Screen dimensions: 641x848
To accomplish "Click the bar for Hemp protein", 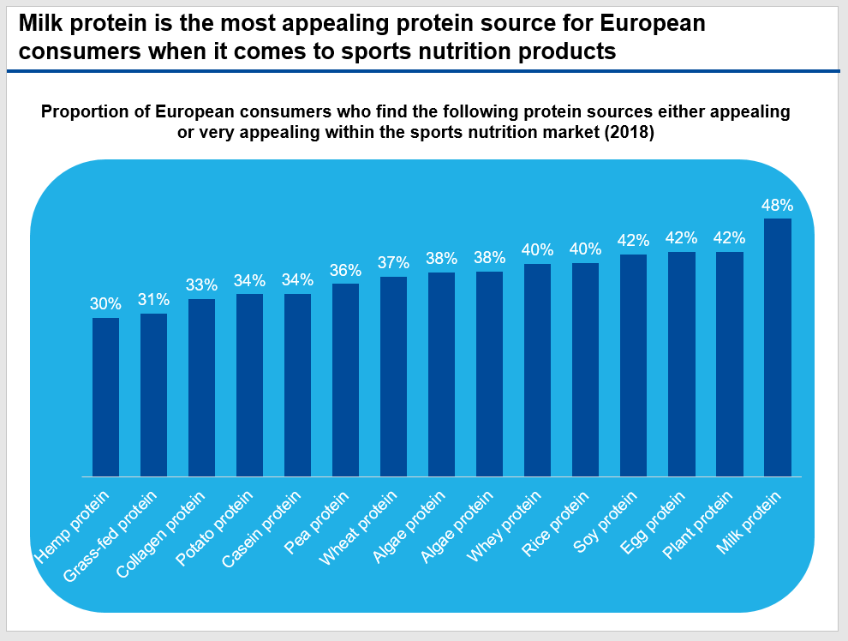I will click(x=105, y=397).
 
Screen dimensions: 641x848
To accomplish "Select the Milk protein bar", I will click(x=777, y=347).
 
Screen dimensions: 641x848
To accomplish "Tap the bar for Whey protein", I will click(x=537, y=369).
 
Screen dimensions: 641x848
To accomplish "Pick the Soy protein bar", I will click(x=633, y=365).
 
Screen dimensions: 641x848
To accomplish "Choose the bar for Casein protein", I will click(x=297, y=385).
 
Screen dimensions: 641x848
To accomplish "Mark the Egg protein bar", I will click(x=681, y=363).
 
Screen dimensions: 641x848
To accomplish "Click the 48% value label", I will click(x=777, y=206).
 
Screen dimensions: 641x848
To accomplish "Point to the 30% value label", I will click(x=105, y=304).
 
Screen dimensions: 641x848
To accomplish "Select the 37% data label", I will click(x=393, y=263).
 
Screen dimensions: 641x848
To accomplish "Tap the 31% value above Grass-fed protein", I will click(x=153, y=300).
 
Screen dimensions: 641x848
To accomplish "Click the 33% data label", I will click(x=201, y=285).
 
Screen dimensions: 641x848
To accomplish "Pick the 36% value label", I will click(x=345, y=270).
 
